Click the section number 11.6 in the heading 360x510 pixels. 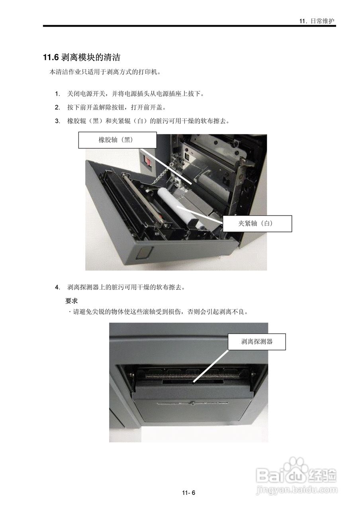point(51,58)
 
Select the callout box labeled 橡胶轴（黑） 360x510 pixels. point(115,140)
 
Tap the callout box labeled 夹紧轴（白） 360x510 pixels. point(257,224)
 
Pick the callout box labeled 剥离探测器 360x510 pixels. point(257,341)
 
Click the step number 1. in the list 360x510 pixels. point(58,94)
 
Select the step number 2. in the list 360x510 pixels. point(58,108)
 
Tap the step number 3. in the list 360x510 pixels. point(58,121)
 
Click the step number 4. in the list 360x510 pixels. point(58,287)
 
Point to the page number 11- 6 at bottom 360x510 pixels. point(189,493)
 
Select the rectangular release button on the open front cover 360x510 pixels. point(144,252)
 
